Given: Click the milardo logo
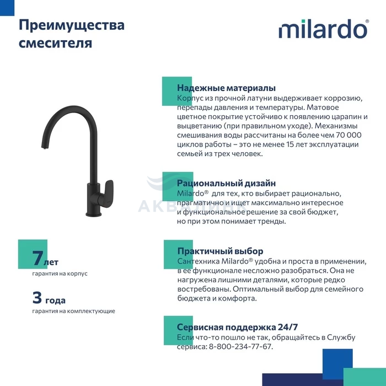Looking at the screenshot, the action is (324, 29).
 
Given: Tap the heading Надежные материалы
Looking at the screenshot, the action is (226, 88).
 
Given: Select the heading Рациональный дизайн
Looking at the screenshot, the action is (226, 183).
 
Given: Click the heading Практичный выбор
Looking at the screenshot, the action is (221, 251).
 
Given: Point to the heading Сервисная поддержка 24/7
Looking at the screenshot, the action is (237, 327).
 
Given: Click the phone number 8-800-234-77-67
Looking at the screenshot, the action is (240, 347).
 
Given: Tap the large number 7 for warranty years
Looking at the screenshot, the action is (37, 258).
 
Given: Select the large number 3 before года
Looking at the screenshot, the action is (37, 297).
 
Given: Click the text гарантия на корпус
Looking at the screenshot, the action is (60, 274).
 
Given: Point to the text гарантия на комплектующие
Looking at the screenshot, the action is (73, 311).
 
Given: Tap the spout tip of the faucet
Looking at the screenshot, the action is (44, 147).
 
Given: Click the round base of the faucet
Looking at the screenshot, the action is (94, 213).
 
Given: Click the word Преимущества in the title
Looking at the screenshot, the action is (72, 25).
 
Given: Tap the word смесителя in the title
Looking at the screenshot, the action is (55, 43).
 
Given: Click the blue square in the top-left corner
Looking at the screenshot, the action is (7, 8).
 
